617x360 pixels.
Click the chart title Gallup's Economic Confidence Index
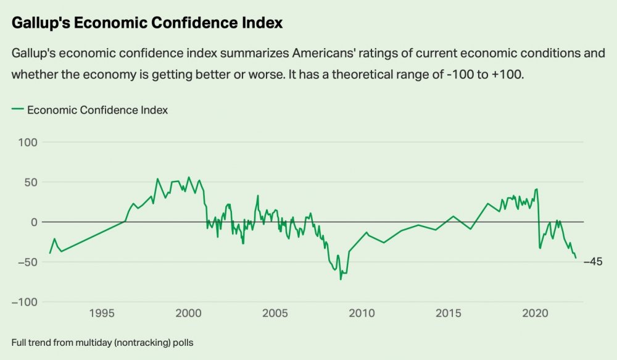147,23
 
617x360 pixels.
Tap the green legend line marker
17,109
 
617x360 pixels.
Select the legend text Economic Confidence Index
97,110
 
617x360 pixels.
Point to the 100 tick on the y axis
28,142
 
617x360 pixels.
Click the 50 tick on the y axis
30,182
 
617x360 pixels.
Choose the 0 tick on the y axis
34,222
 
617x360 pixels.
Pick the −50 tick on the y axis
28,262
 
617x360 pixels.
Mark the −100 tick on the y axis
25,302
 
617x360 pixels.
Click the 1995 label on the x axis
102,313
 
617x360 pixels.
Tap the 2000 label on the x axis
188,313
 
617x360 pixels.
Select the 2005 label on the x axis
275,313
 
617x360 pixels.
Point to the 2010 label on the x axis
362,313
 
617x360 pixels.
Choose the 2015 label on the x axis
448,313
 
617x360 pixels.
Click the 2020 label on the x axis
534,313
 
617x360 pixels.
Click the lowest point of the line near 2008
341,279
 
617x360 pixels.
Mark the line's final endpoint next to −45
576,257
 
